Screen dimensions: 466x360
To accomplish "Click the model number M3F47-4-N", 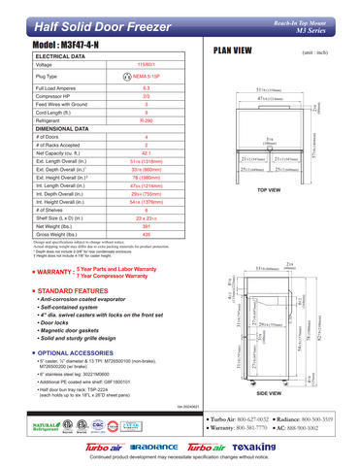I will (x=70, y=46).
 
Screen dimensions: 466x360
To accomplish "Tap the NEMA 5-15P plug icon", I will (x=127, y=75).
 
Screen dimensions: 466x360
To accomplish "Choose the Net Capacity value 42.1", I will (x=146, y=153).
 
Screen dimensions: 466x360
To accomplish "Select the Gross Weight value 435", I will (x=146, y=234).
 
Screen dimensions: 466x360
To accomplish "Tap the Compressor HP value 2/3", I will (x=146, y=96).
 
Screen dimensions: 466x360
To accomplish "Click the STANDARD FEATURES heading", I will (x=74, y=290).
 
